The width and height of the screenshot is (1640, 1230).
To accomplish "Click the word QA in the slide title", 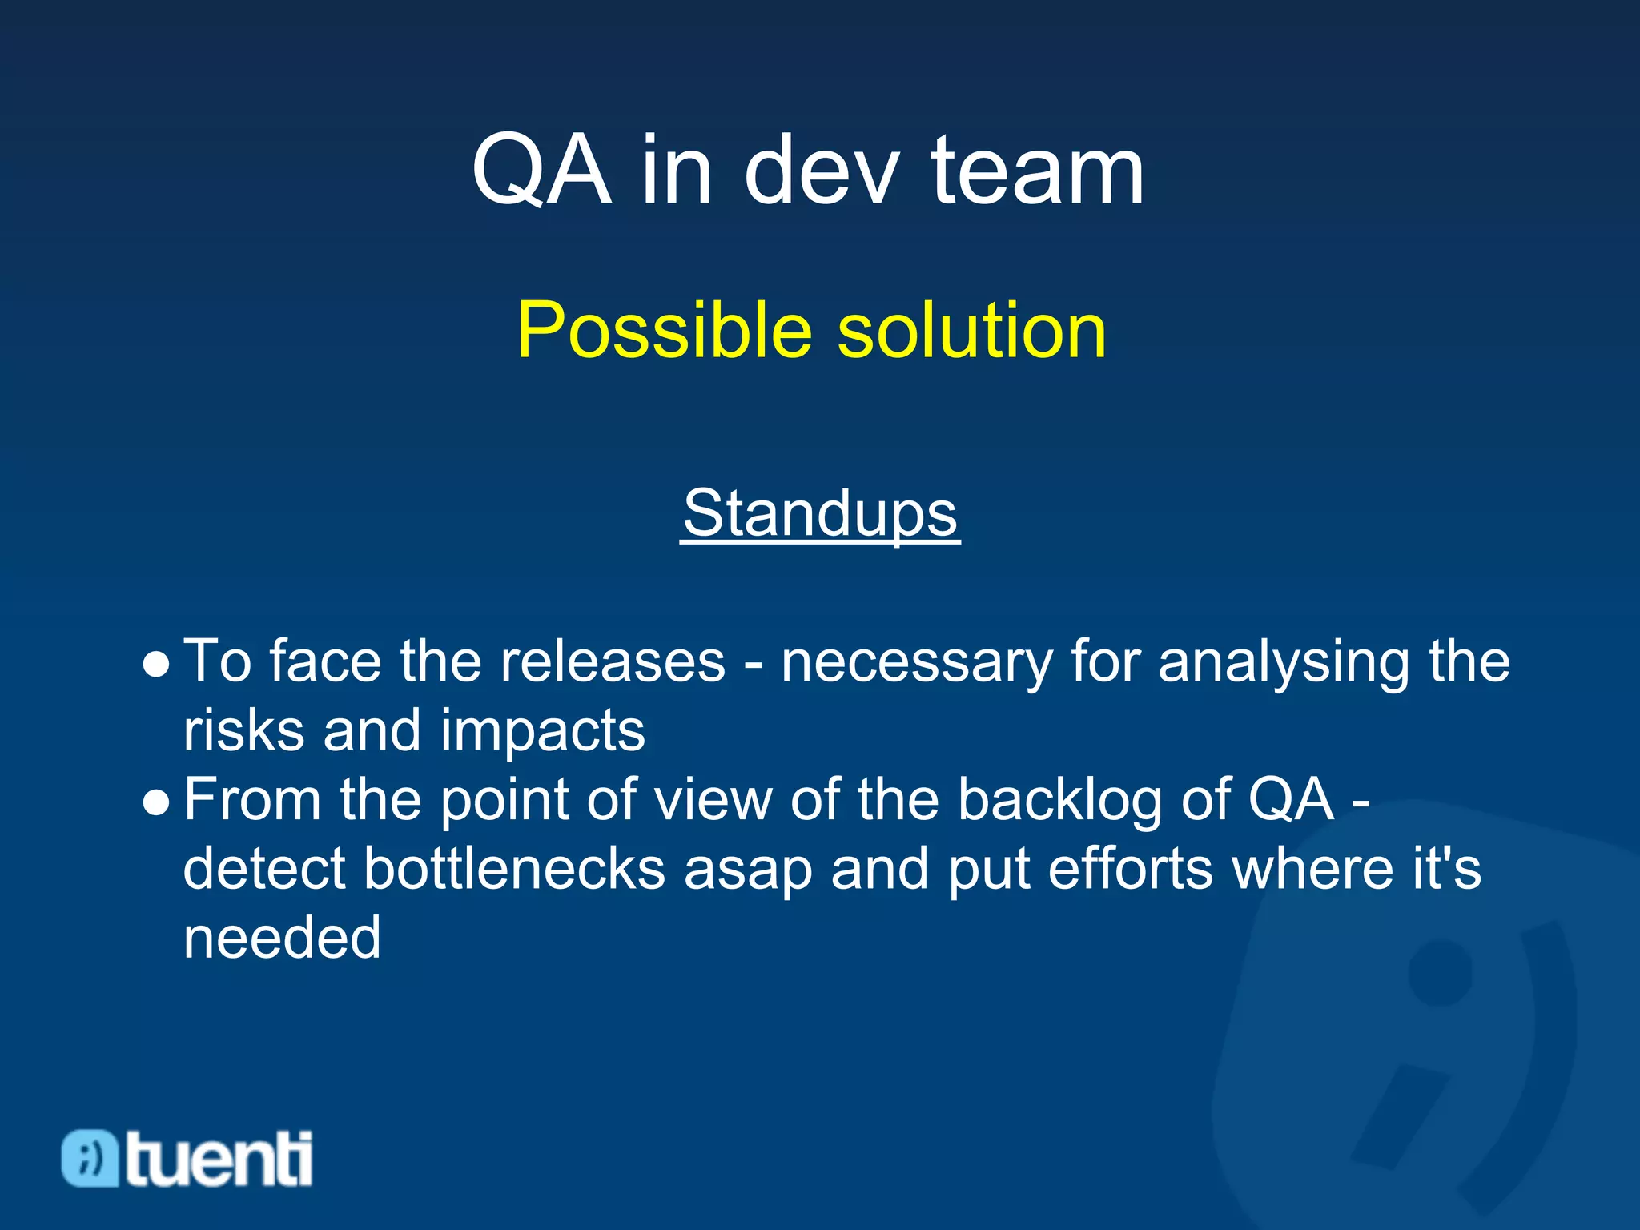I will click(541, 171).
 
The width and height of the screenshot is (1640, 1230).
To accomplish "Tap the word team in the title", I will click(1037, 171).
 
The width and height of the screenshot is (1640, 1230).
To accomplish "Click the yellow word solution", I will click(971, 330).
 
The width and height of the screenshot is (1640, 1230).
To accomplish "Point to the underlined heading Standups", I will click(820, 513).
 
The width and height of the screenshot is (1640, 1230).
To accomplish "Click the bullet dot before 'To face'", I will click(156, 665).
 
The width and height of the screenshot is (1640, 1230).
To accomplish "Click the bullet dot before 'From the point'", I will click(156, 803).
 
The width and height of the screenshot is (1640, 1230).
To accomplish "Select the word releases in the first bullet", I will click(613, 662).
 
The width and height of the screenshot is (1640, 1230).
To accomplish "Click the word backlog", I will click(1059, 802).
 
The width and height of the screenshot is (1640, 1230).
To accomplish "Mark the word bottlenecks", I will click(514, 870).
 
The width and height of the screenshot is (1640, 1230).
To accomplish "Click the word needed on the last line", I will click(282, 939).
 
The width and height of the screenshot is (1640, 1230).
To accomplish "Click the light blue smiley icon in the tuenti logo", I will click(90, 1158).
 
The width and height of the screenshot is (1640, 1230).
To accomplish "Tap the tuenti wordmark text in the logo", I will click(219, 1158).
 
